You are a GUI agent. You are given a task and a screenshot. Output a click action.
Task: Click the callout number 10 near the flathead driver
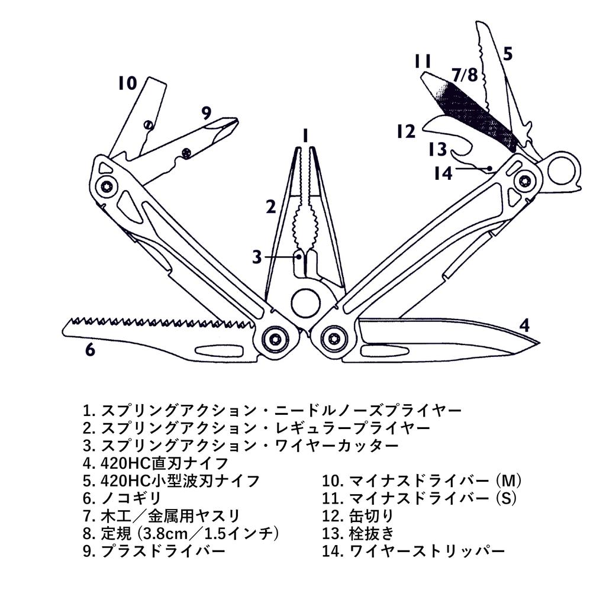tap(127, 83)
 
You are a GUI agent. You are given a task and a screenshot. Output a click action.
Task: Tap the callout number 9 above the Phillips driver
tap(205, 112)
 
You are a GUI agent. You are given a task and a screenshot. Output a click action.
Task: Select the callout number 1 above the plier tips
tap(305, 136)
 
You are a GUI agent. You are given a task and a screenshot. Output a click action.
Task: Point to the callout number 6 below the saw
tap(89, 350)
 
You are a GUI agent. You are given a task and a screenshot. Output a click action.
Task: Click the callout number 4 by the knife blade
tap(524, 325)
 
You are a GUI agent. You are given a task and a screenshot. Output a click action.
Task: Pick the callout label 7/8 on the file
tap(464, 75)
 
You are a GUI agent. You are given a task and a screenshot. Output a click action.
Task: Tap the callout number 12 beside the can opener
tap(406, 131)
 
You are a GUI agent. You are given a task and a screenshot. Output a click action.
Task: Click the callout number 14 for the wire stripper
tap(443, 173)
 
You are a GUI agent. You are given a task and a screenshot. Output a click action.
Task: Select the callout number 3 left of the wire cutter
tap(256, 257)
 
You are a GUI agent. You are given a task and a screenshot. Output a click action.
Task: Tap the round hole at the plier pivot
tap(305, 302)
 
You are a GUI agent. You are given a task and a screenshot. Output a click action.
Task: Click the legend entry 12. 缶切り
tap(357, 515)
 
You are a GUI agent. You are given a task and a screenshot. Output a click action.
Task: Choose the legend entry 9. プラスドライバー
tap(154, 551)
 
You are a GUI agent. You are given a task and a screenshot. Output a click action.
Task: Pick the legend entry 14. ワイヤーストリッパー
tap(414, 551)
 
